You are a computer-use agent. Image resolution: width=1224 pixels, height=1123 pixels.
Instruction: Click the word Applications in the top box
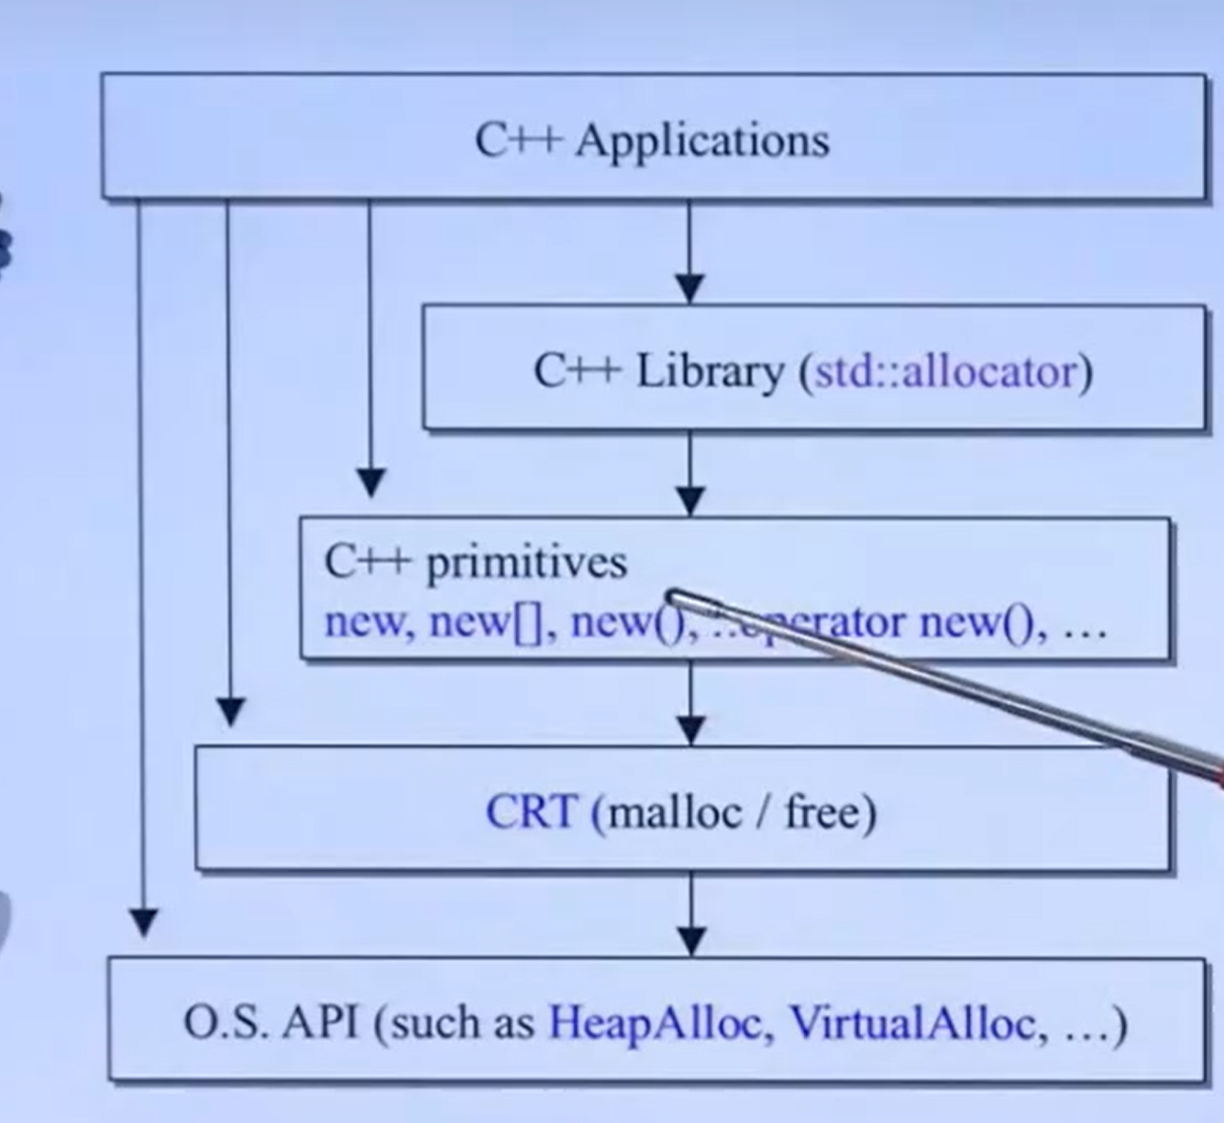[702, 141]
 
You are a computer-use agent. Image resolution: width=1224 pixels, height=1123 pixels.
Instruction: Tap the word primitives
[526, 563]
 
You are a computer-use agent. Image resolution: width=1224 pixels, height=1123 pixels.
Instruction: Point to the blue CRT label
[532, 812]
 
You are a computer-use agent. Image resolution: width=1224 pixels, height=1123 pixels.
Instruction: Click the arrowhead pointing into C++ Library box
[690, 288]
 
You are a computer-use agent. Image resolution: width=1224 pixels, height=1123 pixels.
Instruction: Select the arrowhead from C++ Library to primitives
[690, 501]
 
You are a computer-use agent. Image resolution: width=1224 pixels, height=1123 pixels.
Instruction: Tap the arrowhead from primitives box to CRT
[690, 730]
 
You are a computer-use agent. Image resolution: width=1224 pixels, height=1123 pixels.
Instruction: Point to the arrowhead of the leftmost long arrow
[142, 921]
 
